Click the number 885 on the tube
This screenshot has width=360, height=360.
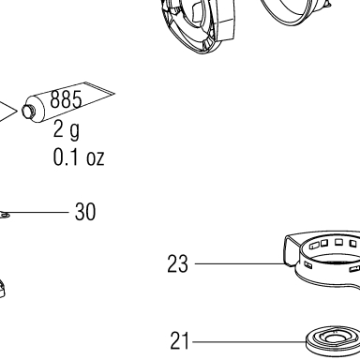(x=66, y=99)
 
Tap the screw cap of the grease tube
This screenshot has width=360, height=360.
(x=27, y=112)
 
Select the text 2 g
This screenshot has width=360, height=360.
(x=67, y=130)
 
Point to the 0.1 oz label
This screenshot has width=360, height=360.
(x=79, y=157)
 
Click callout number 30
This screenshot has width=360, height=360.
(x=85, y=212)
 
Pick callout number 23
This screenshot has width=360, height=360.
(x=177, y=263)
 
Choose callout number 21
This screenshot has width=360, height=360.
(x=180, y=340)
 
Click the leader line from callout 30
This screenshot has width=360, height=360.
(x=38, y=212)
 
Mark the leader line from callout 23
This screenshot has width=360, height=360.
(x=240, y=263)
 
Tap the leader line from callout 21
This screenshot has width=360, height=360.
(x=249, y=342)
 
